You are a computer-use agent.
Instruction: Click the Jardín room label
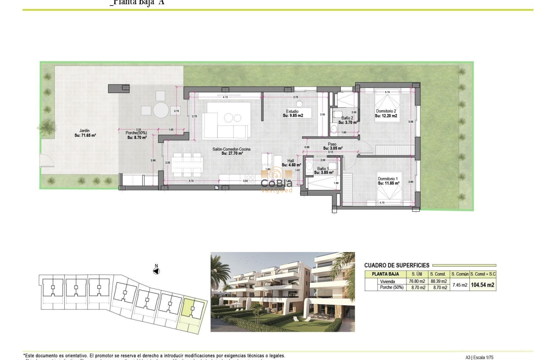[84, 133]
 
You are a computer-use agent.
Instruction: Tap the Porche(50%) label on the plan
[136, 135]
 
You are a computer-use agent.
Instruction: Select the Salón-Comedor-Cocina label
[231, 151]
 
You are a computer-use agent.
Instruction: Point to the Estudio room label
[293, 113]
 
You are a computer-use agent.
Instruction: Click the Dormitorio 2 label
[386, 113]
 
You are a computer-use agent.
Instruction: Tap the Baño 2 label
[347, 120]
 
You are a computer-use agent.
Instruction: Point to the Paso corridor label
[332, 146]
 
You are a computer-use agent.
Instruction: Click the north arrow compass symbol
[156, 270]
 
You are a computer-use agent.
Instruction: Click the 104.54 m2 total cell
[482, 284]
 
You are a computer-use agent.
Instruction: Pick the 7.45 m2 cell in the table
[459, 285]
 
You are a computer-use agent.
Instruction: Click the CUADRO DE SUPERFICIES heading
[397, 265]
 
